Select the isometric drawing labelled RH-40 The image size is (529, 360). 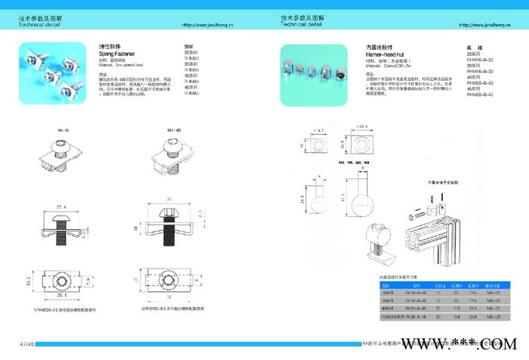click(178, 159)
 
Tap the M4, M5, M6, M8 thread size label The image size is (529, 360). click(329, 163)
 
